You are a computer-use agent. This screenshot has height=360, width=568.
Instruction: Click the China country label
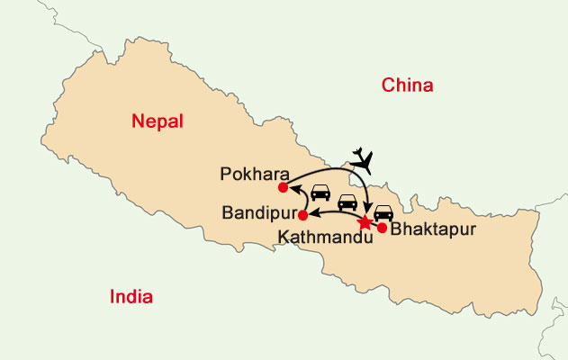(x=408, y=86)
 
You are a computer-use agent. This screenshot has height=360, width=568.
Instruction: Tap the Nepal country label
(x=157, y=121)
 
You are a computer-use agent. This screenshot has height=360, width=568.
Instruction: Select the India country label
(x=131, y=297)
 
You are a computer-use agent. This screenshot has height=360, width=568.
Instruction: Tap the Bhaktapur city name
(x=429, y=229)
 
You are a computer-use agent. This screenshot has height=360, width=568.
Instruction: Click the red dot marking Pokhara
(x=283, y=187)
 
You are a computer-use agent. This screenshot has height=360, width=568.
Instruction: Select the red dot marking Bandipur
(x=302, y=215)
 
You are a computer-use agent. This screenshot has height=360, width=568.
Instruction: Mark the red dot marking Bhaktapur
(x=382, y=228)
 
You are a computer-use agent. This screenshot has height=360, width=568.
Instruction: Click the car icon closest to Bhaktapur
(x=383, y=214)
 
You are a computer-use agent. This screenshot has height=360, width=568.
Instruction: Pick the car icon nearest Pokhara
(x=320, y=193)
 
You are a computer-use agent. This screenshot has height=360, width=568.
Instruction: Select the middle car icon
(x=347, y=202)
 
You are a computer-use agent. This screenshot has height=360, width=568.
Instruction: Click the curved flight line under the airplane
(x=333, y=166)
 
